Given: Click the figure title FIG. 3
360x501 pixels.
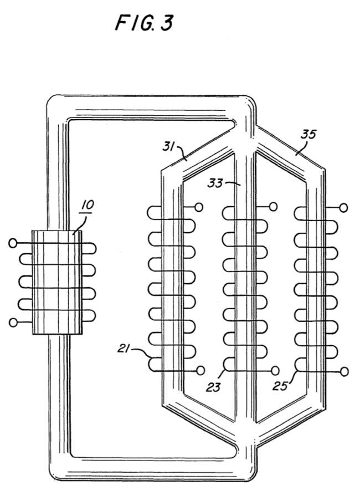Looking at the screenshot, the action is [x=144, y=23].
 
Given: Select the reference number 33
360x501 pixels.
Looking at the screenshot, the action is [x=215, y=183].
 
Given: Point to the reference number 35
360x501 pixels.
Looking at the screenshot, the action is [x=308, y=134].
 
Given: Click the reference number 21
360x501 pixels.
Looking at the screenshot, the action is [x=124, y=349].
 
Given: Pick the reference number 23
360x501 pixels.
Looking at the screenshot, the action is [x=213, y=387].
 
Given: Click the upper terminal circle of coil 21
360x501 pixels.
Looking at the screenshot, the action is [x=198, y=208].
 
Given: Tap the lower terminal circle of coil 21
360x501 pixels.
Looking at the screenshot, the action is [x=200, y=370].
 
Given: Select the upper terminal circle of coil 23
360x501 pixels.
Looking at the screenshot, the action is [x=273, y=207].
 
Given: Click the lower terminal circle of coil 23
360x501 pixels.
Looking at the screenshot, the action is [x=275, y=371].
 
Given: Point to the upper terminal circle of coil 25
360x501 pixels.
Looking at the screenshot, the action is [x=344, y=208].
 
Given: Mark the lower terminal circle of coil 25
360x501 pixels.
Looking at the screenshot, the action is [x=344, y=372].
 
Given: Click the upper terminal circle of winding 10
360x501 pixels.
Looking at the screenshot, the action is [x=13, y=243].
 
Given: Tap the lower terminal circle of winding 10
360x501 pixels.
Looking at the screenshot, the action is [x=13, y=323].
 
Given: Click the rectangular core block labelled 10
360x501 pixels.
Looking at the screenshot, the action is [x=57, y=283].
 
